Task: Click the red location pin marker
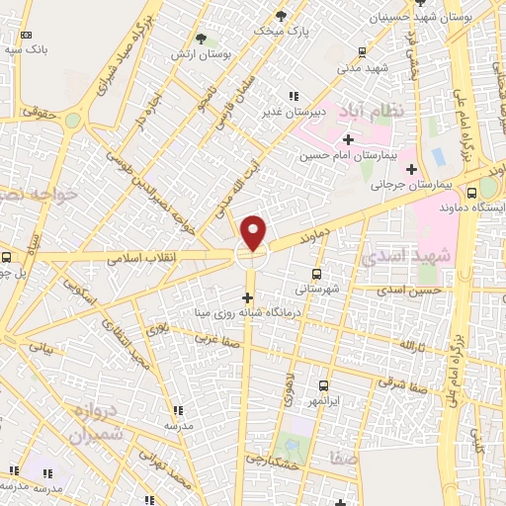(254, 232)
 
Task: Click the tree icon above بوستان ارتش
(202, 40)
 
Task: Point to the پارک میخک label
(281, 31)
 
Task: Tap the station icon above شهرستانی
(316, 274)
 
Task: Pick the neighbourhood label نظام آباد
(372, 109)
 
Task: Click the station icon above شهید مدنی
(363, 52)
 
